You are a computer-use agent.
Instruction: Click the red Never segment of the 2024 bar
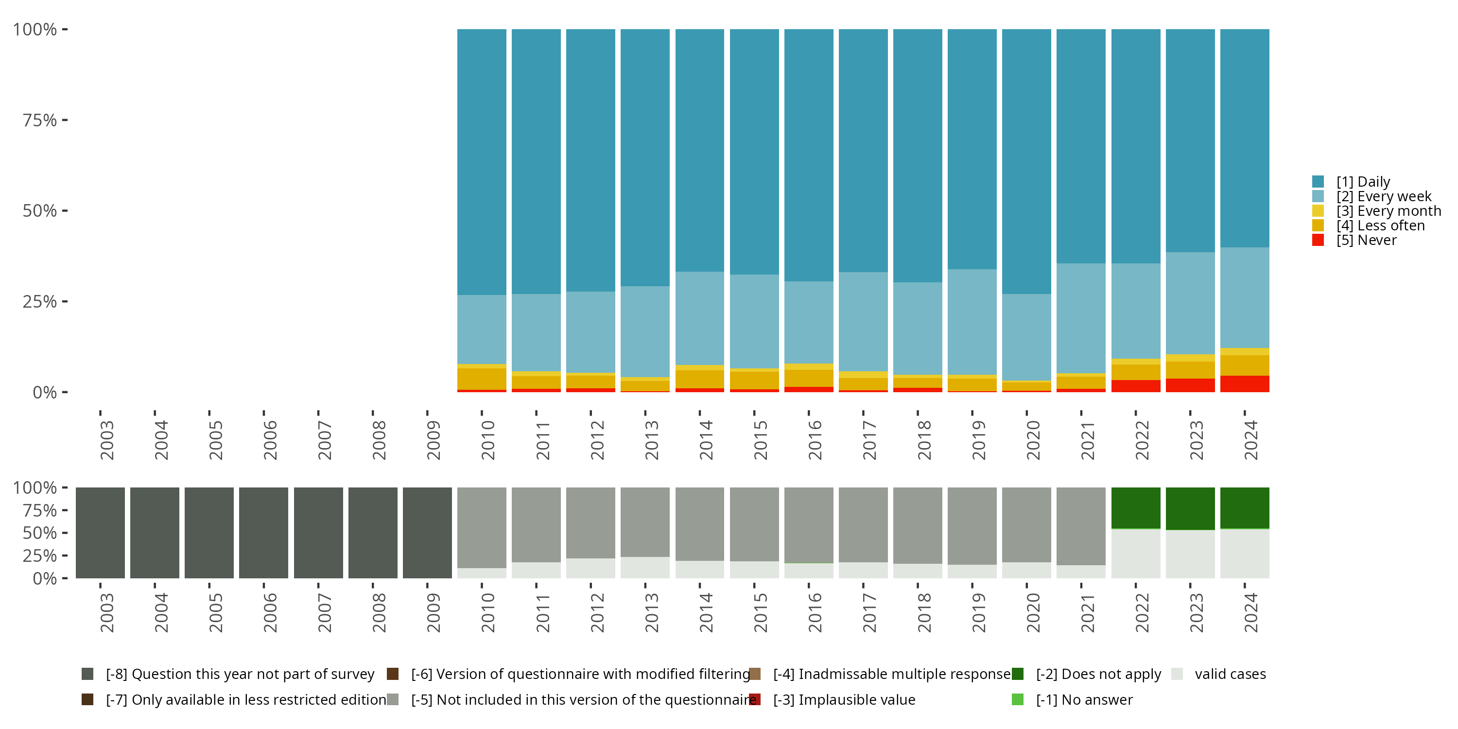(x=1244, y=384)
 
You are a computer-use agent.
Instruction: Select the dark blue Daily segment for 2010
(x=482, y=162)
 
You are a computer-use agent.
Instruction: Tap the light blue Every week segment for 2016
(x=808, y=322)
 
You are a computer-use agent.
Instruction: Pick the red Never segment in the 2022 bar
(x=1135, y=386)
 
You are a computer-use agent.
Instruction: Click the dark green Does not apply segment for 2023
(x=1190, y=508)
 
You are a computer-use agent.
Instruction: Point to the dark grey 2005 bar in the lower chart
(x=209, y=533)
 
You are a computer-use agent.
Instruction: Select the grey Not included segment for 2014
(x=699, y=523)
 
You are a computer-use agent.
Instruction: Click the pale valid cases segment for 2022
(x=1135, y=554)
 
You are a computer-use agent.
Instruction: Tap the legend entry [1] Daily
(x=1362, y=182)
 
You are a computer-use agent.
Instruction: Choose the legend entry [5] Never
(x=1366, y=240)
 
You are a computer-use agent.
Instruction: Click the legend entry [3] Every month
(x=1389, y=211)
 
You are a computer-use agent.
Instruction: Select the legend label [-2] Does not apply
(x=1098, y=674)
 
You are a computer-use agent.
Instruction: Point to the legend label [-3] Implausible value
(x=856, y=699)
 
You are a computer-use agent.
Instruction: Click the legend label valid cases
(x=1230, y=674)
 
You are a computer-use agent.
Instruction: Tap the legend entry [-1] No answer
(x=1084, y=699)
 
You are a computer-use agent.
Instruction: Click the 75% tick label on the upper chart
(x=40, y=120)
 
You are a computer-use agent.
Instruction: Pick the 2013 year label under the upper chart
(x=651, y=440)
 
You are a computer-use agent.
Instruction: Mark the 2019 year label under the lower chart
(x=979, y=612)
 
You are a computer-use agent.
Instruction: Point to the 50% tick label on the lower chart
(x=40, y=533)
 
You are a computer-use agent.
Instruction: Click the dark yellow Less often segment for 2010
(x=482, y=379)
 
